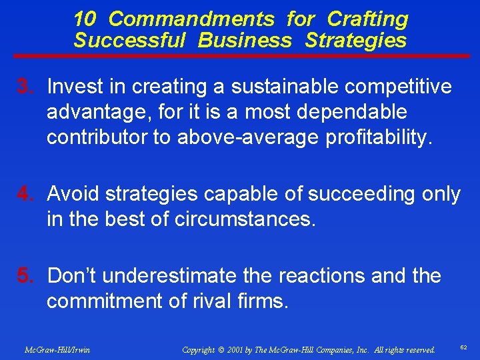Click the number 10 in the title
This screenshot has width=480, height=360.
(x=85, y=19)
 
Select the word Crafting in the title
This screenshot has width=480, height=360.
(x=367, y=19)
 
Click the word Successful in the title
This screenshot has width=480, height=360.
(x=129, y=41)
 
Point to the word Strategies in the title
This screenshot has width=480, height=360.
(x=355, y=41)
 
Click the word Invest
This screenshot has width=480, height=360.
(x=77, y=87)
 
